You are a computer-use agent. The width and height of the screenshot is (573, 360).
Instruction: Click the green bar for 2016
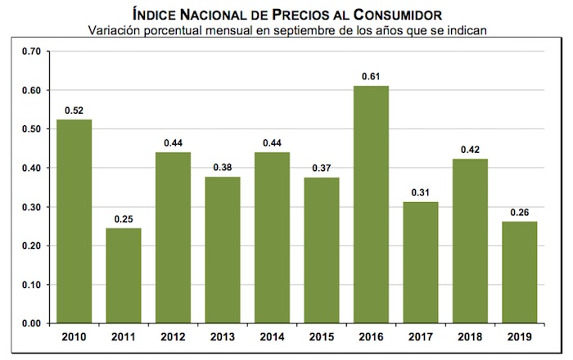[x=372, y=205]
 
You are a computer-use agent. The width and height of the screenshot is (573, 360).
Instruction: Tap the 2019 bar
[x=521, y=272]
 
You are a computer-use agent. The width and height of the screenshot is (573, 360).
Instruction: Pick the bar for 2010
[x=74, y=221]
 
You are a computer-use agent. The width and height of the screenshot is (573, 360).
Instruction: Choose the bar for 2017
[x=422, y=263]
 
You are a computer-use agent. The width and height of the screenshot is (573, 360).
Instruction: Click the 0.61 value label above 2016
[x=372, y=76]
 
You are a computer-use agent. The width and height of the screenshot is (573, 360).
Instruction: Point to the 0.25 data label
[x=123, y=218]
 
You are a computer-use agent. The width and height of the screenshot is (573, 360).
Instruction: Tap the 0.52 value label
[x=74, y=110]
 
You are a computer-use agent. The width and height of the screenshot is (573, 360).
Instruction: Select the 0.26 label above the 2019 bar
[x=521, y=211]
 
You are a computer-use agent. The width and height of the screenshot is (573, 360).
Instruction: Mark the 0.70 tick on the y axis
[x=31, y=52]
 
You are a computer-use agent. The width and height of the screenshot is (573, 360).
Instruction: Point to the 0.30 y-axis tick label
[x=31, y=207]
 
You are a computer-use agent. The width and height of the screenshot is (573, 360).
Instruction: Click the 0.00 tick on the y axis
[x=31, y=324]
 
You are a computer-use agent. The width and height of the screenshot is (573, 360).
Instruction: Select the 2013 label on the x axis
[x=223, y=336]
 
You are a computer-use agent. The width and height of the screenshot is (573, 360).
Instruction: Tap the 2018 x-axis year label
[x=471, y=336]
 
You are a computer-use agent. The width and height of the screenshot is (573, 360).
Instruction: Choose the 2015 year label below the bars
[x=322, y=336]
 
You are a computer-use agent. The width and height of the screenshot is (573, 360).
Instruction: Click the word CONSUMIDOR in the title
[x=397, y=14]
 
